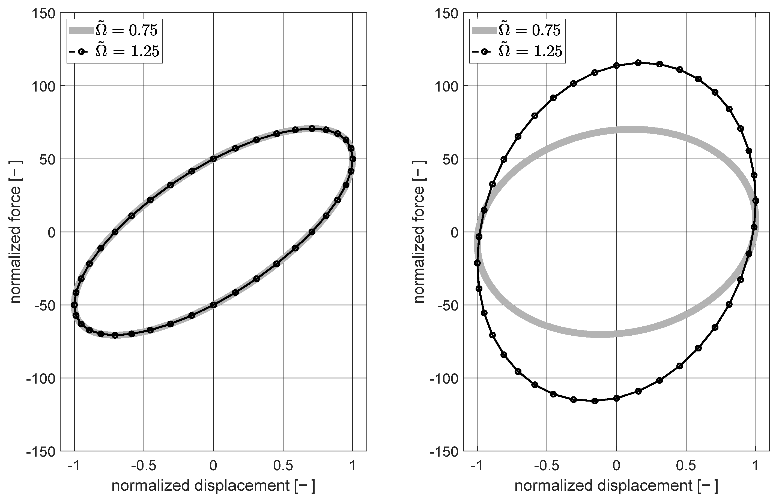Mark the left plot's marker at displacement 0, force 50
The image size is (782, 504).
213,159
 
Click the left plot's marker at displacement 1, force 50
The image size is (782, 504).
353,159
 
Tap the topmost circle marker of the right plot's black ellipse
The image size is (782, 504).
638,63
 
